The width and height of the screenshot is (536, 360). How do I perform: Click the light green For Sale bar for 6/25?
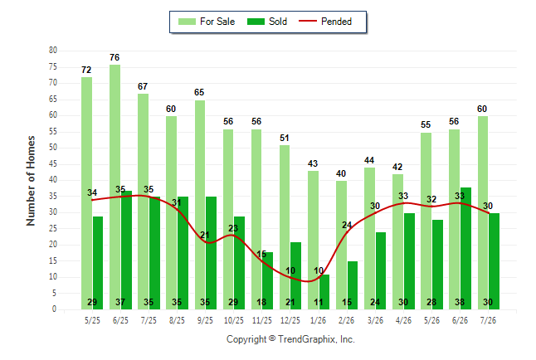pyautogui.click(x=115, y=187)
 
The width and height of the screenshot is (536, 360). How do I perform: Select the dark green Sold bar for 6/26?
pyautogui.click(x=465, y=249)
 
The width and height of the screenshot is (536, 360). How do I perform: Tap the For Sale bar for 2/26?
pyautogui.click(x=341, y=246)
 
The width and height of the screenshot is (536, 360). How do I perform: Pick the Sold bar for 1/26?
pyautogui.click(x=324, y=292)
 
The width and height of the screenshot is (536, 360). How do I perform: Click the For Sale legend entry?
pyautogui.click(x=207, y=22)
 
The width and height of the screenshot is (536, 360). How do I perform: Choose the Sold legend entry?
pyautogui.click(x=267, y=22)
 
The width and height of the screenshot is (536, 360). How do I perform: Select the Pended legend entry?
pyautogui.click(x=325, y=22)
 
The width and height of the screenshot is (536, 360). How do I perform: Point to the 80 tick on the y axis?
pyautogui.click(x=52, y=51)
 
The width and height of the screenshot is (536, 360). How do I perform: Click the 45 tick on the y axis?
pyautogui.click(x=52, y=163)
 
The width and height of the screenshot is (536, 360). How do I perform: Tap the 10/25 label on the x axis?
pyautogui.click(x=234, y=320)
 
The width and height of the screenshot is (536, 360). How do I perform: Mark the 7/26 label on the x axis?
pyautogui.click(x=488, y=320)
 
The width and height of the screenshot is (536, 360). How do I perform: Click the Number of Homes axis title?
pyautogui.click(x=31, y=181)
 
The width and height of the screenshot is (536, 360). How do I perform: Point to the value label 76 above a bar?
pyautogui.click(x=115, y=57)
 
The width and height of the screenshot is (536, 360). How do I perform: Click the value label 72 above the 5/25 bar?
pyautogui.click(x=86, y=70)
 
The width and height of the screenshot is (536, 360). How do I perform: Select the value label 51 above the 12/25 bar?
pyautogui.click(x=284, y=138)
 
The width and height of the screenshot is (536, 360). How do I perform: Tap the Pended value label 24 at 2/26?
pyautogui.click(x=347, y=225)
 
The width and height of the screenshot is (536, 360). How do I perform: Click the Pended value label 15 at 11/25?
pyautogui.click(x=261, y=254)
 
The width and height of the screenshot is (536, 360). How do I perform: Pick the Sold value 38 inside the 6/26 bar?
pyautogui.click(x=460, y=302)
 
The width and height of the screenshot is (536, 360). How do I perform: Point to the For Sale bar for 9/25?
pyautogui.click(x=200, y=205)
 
